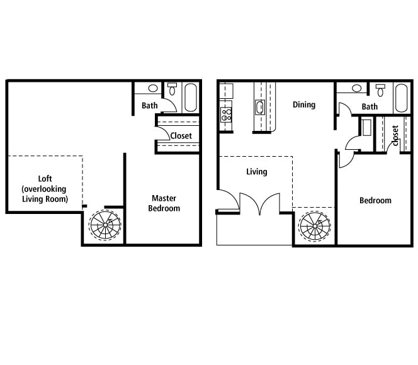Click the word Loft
43,178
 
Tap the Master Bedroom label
164,203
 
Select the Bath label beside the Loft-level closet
150,106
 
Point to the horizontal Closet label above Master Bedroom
181,136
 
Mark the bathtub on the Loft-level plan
191,98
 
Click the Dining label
304,105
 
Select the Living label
257,172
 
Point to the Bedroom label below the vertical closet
375,201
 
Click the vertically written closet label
395,135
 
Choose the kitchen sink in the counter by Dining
260,107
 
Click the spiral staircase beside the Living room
314,225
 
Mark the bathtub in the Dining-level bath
402,98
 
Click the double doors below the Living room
259,205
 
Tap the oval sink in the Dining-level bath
357,89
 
